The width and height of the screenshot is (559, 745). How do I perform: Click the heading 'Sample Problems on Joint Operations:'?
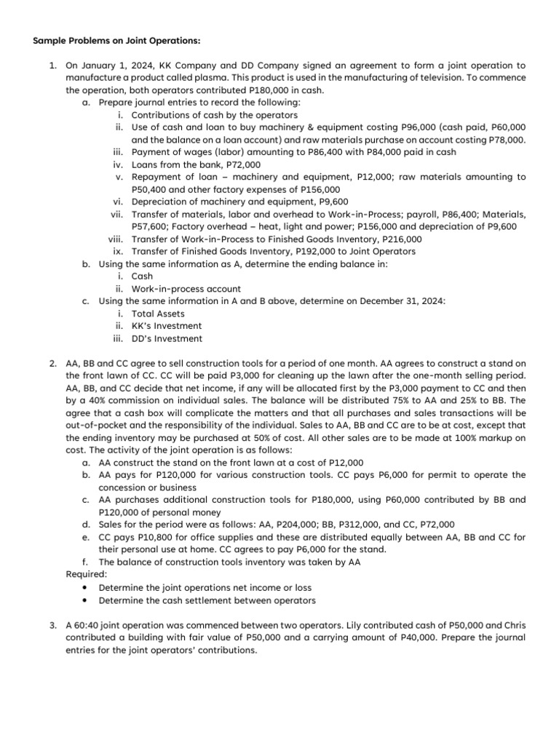[x=106, y=40]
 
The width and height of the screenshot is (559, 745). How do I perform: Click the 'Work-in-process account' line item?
[x=186, y=289]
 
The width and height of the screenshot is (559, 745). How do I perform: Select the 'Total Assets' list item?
[x=158, y=314]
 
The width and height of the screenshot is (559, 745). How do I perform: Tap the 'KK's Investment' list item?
[x=167, y=326]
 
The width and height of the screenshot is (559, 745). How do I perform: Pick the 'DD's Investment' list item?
[x=167, y=338]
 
